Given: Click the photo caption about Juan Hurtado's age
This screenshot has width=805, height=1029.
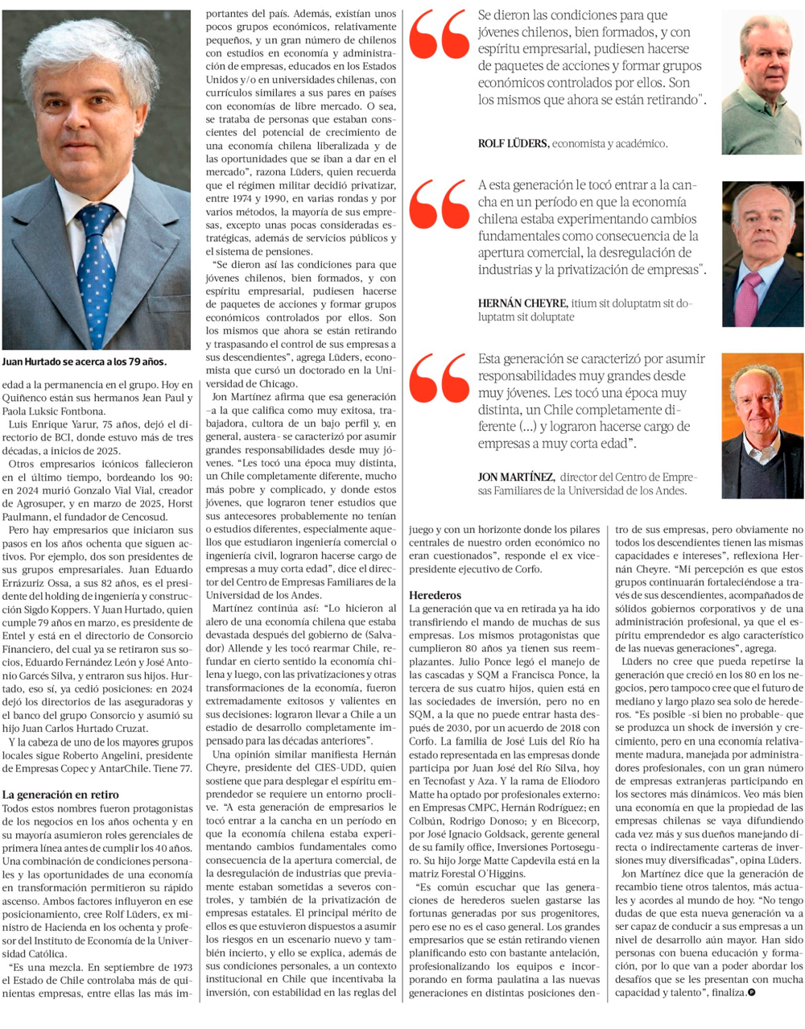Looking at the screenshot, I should [84, 362].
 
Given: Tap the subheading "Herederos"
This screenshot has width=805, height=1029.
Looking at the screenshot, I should [435, 595].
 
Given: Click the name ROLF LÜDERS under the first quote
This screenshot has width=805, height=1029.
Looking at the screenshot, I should [514, 143].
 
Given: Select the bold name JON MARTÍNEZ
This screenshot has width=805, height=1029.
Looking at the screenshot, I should [516, 477].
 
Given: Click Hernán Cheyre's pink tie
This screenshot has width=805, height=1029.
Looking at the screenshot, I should [749, 295].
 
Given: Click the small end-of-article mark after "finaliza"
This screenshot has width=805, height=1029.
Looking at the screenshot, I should [751, 993].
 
